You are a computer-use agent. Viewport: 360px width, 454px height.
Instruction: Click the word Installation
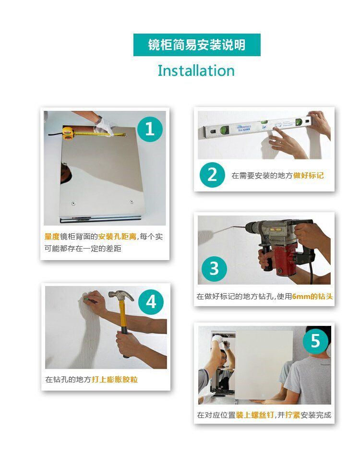pyautogui.click(x=196, y=71)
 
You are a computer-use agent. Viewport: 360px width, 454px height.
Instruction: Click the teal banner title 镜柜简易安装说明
pyautogui.click(x=197, y=45)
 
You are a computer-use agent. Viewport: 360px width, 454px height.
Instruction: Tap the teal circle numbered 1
pyautogui.click(x=149, y=129)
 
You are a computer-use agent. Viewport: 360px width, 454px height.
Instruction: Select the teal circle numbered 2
pyautogui.click(x=212, y=175)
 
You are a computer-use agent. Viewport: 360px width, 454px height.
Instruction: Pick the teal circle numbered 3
pyautogui.click(x=214, y=269)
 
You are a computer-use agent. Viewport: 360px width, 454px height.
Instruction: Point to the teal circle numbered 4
pyautogui.click(x=151, y=302)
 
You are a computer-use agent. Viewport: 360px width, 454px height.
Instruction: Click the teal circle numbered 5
pyautogui.click(x=315, y=341)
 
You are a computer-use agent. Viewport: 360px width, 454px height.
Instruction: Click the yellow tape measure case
pyautogui.click(x=68, y=133)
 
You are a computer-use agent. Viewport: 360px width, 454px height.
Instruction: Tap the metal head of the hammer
pyautogui.click(x=121, y=296)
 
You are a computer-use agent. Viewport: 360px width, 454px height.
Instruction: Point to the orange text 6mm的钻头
pyautogui.click(x=312, y=297)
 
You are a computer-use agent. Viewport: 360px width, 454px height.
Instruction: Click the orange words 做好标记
pyautogui.click(x=309, y=176)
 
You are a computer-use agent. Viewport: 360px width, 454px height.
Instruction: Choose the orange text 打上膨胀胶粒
pyautogui.click(x=115, y=379)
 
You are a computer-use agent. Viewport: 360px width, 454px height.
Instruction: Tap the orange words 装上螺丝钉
pyautogui.click(x=255, y=415)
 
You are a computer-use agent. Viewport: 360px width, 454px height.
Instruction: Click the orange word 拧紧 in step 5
pyautogui.click(x=292, y=415)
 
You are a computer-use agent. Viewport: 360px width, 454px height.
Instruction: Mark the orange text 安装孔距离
pyautogui.click(x=117, y=237)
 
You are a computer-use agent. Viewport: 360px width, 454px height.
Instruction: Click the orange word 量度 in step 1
pyautogui.click(x=52, y=237)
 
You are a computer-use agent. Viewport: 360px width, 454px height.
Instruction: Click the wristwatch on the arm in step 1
pyautogui.click(x=98, y=119)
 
